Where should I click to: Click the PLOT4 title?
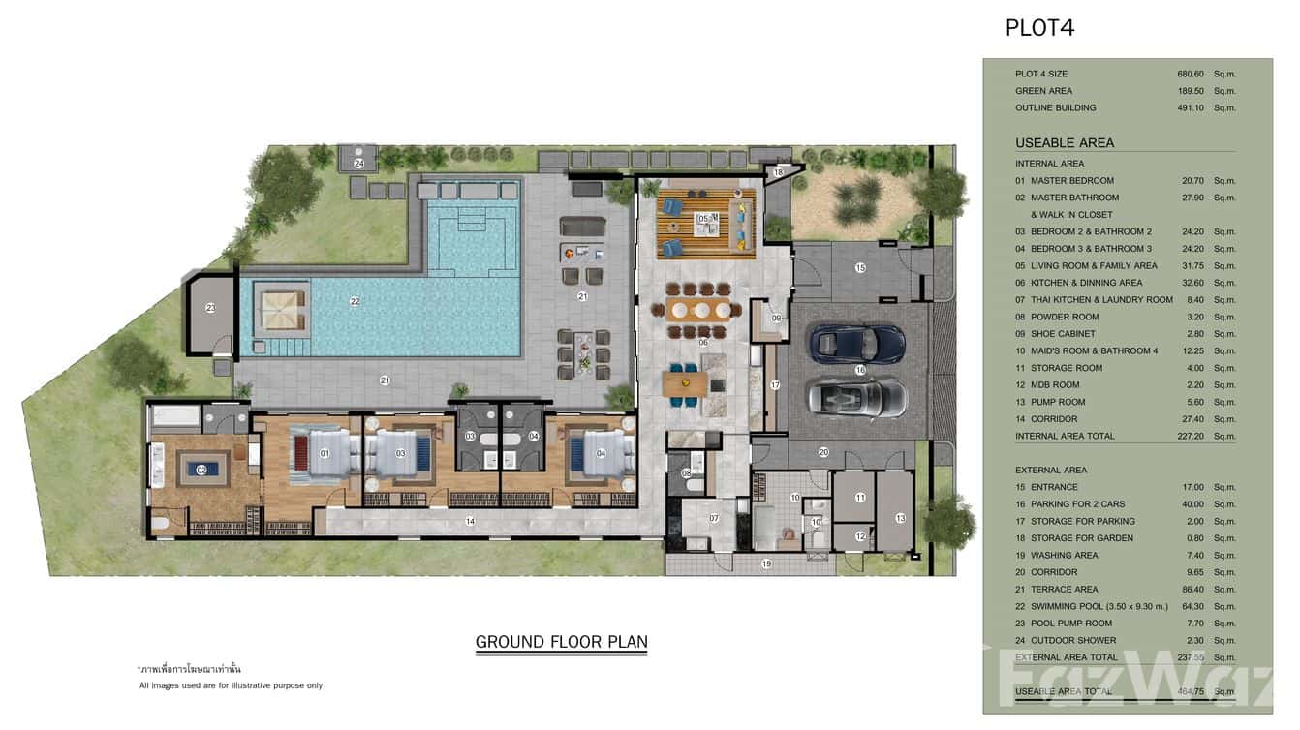pyautogui.click(x=1039, y=28)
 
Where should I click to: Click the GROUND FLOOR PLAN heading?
pyautogui.click(x=561, y=641)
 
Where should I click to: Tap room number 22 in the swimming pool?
pyautogui.click(x=355, y=301)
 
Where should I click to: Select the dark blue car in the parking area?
pyautogui.click(x=856, y=342)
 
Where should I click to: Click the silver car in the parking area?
pyautogui.click(x=856, y=396)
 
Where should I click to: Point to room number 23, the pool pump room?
pyautogui.click(x=210, y=307)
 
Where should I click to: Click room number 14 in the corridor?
pyautogui.click(x=470, y=521)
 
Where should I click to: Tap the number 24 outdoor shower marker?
pyautogui.click(x=358, y=164)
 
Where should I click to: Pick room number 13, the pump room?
pyautogui.click(x=899, y=518)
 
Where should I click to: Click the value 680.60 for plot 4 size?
pyautogui.click(x=1190, y=74)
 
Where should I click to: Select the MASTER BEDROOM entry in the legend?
pyautogui.click(x=1071, y=181)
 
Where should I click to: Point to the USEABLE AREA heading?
pyautogui.click(x=1064, y=142)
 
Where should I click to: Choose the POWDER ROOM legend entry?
pyautogui.click(x=1064, y=317)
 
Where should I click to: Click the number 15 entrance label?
pyautogui.click(x=859, y=267)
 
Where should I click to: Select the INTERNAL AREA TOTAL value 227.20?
pyautogui.click(x=1188, y=437)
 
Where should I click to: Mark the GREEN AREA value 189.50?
pyautogui.click(x=1190, y=91)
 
